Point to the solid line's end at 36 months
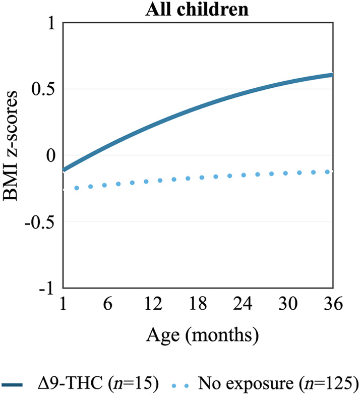[x=332, y=75]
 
